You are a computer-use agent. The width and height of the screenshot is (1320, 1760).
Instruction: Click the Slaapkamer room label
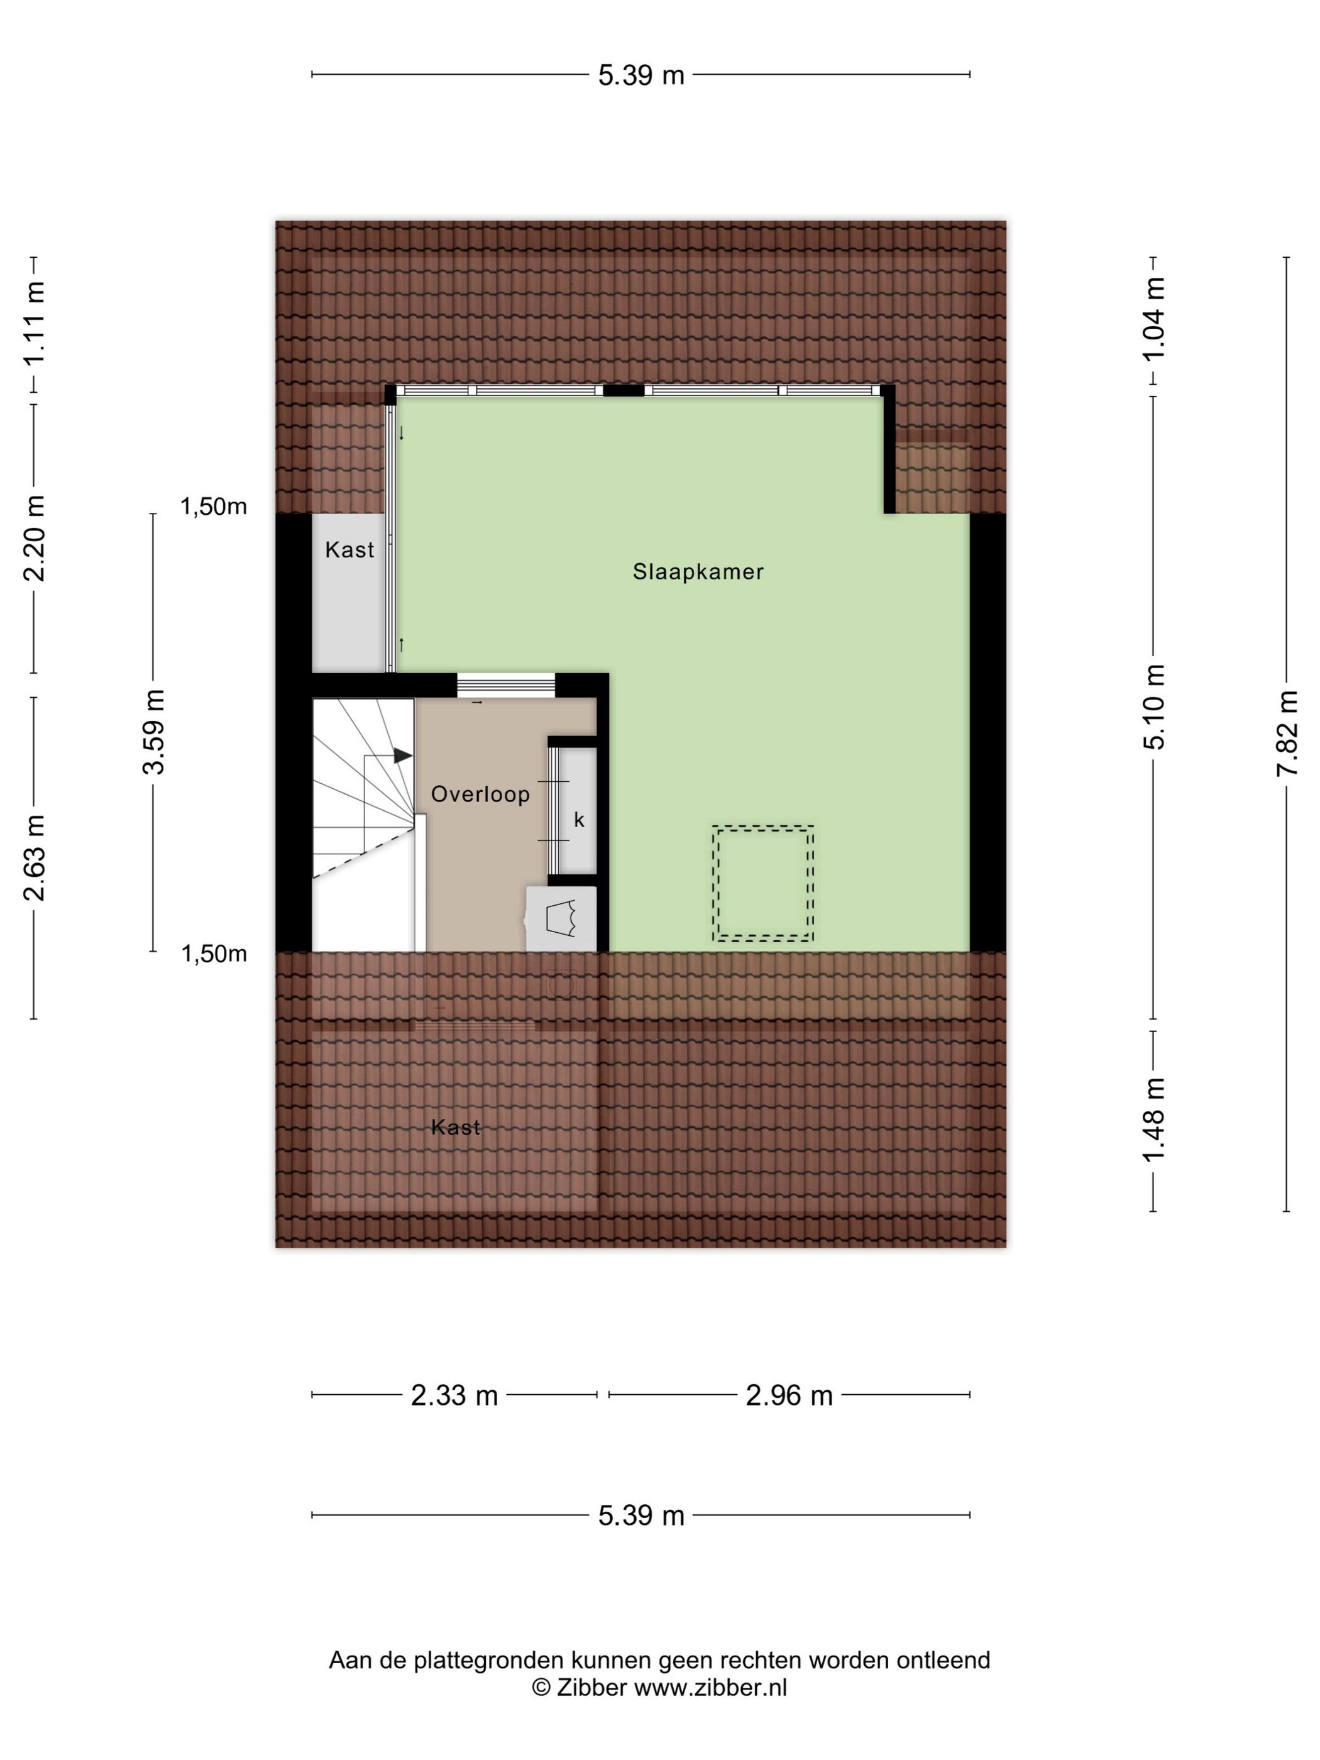[x=698, y=571]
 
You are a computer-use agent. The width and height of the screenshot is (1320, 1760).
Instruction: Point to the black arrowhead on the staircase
[x=404, y=755]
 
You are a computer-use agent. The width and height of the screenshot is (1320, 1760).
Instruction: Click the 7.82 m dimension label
[x=1287, y=733]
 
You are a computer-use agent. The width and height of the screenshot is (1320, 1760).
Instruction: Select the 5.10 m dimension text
[x=1155, y=707]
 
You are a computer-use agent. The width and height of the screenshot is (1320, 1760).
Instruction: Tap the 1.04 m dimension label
[x=1155, y=318]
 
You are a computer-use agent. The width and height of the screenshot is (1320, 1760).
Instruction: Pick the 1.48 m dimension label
[x=1155, y=1119]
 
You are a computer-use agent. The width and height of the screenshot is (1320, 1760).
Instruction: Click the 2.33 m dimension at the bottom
[x=454, y=1395]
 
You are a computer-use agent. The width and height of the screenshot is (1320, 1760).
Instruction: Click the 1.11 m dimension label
[x=34, y=324]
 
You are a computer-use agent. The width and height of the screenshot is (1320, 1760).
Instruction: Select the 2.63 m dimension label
[x=34, y=858]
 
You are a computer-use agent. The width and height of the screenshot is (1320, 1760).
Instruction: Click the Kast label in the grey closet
[x=349, y=550]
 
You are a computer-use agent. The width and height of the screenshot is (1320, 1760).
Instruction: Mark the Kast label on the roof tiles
[x=456, y=1126]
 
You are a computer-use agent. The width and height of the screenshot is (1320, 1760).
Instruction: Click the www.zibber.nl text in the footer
[x=710, y=1687]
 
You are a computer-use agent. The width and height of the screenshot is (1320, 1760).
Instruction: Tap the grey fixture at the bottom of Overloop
[x=561, y=918]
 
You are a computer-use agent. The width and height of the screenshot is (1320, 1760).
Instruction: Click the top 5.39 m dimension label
[x=641, y=75]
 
